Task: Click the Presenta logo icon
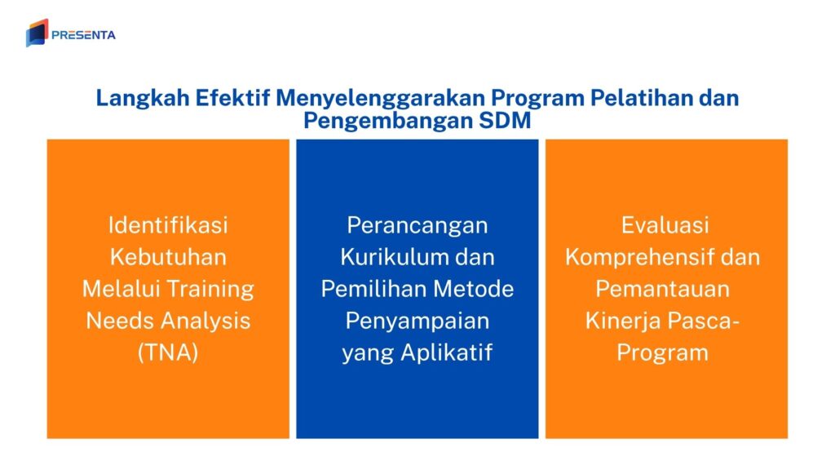(x=37, y=33)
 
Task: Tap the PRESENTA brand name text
(x=83, y=35)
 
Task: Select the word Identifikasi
(x=168, y=224)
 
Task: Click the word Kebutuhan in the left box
(x=168, y=257)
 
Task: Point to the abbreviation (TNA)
(x=168, y=353)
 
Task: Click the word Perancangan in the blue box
(x=417, y=224)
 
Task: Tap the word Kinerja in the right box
(x=622, y=321)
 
